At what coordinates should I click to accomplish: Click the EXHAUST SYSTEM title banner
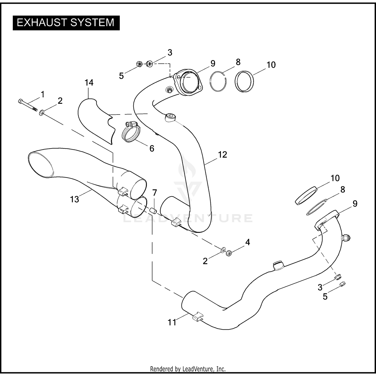[66, 23]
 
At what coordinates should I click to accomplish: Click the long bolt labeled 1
[28, 105]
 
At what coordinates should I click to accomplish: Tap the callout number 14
[89, 82]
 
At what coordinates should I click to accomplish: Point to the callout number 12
[222, 155]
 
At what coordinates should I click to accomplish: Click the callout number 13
[75, 199]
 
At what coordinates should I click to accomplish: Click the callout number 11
[172, 322]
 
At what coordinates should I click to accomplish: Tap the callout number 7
[155, 193]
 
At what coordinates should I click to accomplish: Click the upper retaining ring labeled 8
[218, 81]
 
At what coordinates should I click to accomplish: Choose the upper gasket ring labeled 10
[244, 81]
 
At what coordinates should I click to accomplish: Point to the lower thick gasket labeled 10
[306, 195]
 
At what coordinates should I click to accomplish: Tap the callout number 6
[152, 148]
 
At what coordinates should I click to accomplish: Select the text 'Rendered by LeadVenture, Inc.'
[188, 369]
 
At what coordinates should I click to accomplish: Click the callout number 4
[247, 242]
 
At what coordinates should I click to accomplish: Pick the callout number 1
[43, 95]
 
